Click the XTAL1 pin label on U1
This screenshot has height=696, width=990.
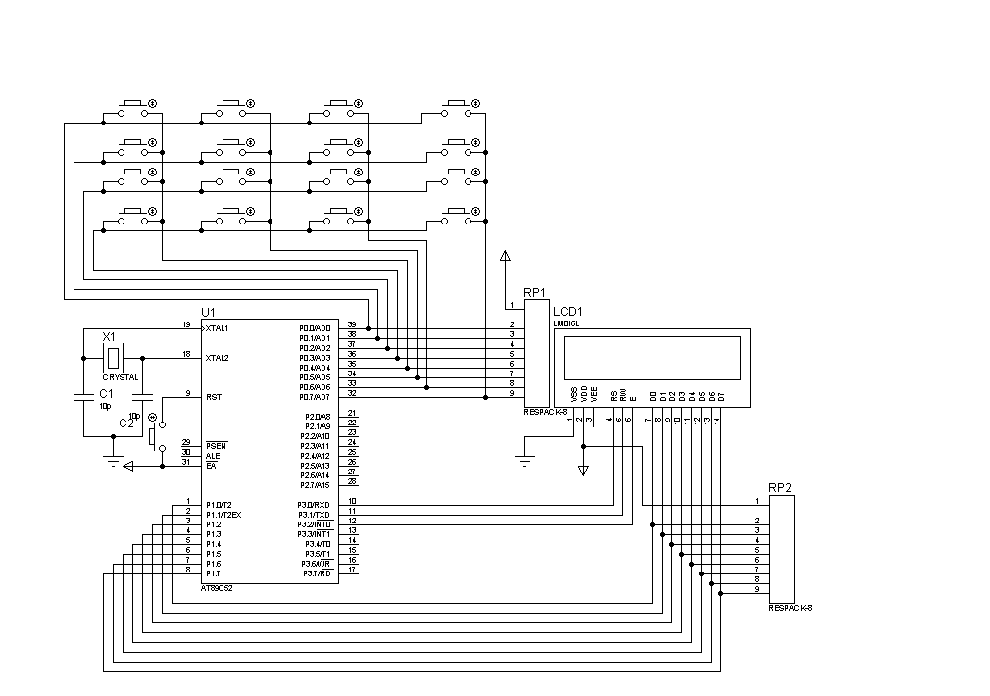pyautogui.click(x=217, y=328)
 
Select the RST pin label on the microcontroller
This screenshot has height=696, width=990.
pyautogui.click(x=213, y=397)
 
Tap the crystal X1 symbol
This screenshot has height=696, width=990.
pyautogui.click(x=114, y=358)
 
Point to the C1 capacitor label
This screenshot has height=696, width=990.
pyautogui.click(x=105, y=393)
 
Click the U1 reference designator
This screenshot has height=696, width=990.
pyautogui.click(x=207, y=312)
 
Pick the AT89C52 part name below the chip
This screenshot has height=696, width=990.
pyautogui.click(x=217, y=588)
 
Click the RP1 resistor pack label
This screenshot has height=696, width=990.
pyautogui.click(x=534, y=293)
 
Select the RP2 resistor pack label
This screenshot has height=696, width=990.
pyautogui.click(x=779, y=487)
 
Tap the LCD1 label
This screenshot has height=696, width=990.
pyautogui.click(x=568, y=312)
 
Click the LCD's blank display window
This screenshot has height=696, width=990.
pyautogui.click(x=652, y=358)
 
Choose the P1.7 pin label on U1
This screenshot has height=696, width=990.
pyautogui.click(x=213, y=573)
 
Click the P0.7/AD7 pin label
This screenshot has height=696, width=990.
pyautogui.click(x=316, y=397)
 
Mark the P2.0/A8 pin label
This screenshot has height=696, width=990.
pyautogui.click(x=319, y=417)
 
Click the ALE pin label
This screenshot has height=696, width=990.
pyautogui.click(x=212, y=456)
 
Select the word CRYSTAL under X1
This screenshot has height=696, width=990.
pyautogui.click(x=121, y=377)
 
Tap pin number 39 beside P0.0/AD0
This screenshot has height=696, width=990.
pyautogui.click(x=352, y=324)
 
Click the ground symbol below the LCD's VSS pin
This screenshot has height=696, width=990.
pyautogui.click(x=525, y=459)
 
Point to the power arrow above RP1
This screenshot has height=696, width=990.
pyautogui.click(x=505, y=257)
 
